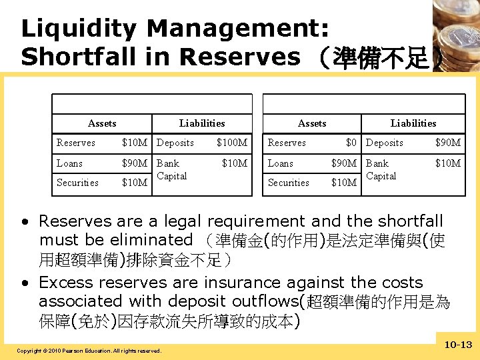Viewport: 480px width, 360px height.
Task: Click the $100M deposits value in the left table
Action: tap(232, 143)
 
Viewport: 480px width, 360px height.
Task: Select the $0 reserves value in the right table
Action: tap(351, 143)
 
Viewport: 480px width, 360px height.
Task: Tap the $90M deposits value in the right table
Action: tap(447, 143)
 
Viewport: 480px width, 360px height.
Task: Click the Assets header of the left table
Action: tap(102, 123)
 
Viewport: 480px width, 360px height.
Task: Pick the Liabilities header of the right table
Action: tap(413, 123)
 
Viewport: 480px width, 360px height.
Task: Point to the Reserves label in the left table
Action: tap(76, 143)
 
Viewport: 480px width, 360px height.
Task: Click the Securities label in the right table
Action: tap(288, 183)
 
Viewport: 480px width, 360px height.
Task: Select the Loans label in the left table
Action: tap(70, 163)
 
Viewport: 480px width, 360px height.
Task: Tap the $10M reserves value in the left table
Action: tap(135, 143)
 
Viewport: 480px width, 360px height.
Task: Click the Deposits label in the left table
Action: tap(175, 143)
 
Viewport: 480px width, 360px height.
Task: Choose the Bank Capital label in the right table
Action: tap(381, 169)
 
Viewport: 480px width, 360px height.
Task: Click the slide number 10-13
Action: tap(457, 344)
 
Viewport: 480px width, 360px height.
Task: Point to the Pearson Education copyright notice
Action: tap(89, 351)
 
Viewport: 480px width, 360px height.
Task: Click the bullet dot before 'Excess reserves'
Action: tap(25, 283)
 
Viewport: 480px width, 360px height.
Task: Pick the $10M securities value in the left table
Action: tap(135, 183)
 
